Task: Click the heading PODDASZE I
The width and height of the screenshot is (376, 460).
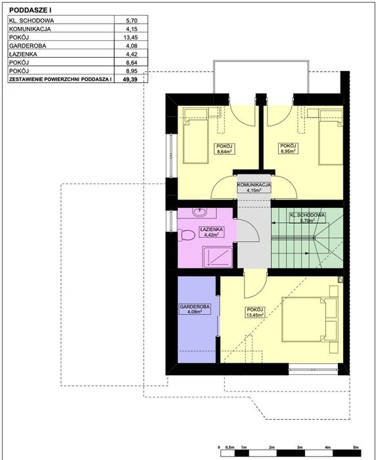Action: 30,10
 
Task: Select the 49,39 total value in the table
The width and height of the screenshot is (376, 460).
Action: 130,79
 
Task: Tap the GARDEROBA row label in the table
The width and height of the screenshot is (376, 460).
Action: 28,46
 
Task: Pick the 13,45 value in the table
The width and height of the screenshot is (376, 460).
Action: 130,38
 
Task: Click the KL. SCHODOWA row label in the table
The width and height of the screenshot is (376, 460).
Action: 32,20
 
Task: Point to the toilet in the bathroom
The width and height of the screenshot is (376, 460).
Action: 186,236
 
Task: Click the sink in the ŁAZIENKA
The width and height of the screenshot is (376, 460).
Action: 200,212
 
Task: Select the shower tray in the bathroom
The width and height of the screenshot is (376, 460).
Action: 218,257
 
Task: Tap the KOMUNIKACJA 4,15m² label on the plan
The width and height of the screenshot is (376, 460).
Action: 254,188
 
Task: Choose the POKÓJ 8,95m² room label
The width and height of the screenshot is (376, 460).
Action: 289,149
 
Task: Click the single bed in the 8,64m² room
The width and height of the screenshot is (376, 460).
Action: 196,136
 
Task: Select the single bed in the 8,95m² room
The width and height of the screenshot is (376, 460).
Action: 331,138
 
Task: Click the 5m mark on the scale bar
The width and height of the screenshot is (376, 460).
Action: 356,447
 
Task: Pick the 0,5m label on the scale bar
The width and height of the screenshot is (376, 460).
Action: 230,447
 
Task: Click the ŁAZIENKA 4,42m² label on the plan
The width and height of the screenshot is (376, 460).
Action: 212,232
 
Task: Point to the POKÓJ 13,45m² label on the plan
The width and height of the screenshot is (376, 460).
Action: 255,313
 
